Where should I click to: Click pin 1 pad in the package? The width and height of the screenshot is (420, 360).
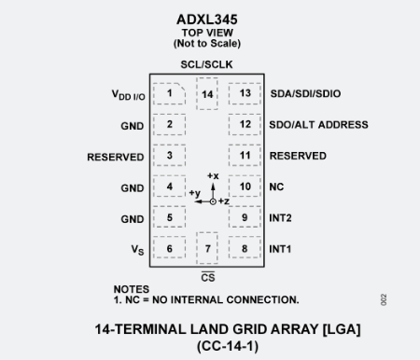point(170,93)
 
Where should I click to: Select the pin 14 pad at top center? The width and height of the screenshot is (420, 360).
point(207,94)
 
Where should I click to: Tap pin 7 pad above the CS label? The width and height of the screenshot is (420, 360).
point(207,249)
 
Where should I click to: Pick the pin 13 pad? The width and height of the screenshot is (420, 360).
point(245,93)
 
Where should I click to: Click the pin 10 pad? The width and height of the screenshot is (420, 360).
point(245,187)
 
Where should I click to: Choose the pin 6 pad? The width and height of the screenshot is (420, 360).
point(170,249)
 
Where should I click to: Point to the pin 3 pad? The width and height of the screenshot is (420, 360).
point(170,156)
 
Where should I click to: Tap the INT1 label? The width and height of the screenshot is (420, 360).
point(281,249)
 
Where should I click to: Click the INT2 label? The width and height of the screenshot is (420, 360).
point(281,218)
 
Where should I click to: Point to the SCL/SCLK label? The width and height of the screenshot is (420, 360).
point(206,64)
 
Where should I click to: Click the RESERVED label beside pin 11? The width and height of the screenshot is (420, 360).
point(298,156)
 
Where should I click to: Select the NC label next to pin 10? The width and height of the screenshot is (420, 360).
point(276,187)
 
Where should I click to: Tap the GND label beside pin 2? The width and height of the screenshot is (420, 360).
point(132,125)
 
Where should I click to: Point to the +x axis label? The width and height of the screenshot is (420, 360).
point(213,175)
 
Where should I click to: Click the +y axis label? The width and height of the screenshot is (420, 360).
point(195,193)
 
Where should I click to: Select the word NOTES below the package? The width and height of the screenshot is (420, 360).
point(132,289)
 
